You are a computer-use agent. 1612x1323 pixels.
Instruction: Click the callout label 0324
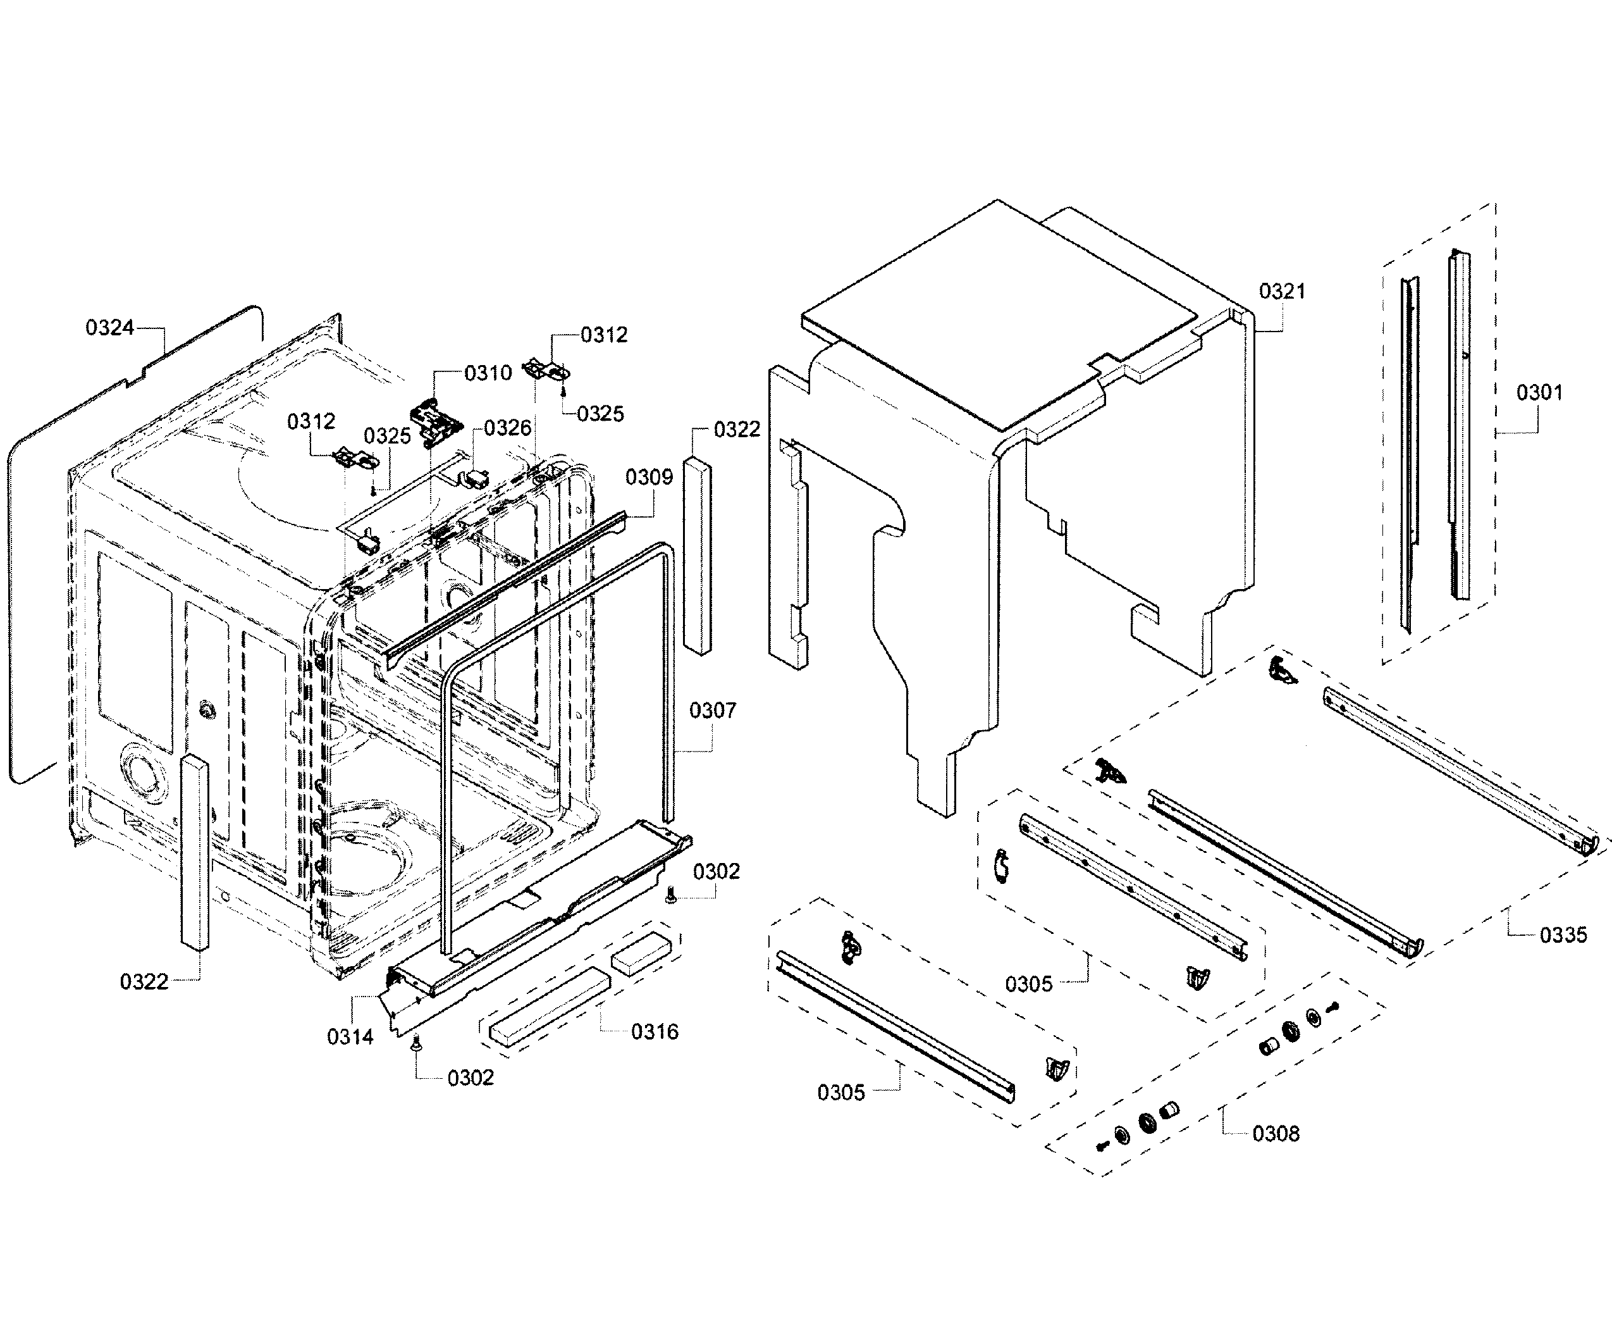[x=109, y=328]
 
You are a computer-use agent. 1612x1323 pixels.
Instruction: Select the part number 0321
[x=1281, y=291]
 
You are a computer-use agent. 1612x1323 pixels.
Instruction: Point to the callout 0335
[x=1563, y=935]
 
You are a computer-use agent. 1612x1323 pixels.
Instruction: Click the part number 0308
[x=1276, y=1134]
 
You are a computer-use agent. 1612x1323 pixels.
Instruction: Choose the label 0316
[x=655, y=1032]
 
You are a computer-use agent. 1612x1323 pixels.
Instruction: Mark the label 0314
[x=350, y=1036]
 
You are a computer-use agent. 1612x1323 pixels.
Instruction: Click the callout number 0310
[x=488, y=373]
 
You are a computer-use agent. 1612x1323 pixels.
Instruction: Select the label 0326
[x=507, y=428]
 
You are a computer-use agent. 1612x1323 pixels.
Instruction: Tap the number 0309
[x=649, y=478]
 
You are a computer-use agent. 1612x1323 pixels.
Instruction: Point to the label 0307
[x=712, y=711]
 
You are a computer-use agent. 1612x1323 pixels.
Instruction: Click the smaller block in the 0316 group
[x=641, y=953]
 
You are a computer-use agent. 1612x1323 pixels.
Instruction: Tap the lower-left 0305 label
[x=840, y=1093]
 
